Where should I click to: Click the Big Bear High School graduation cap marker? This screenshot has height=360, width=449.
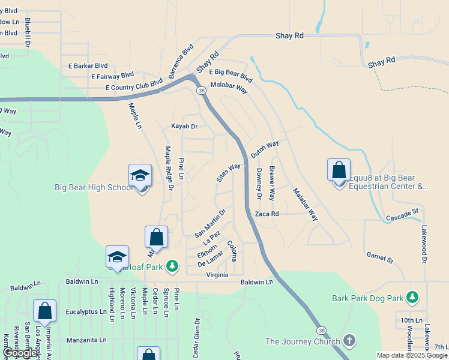[140, 175]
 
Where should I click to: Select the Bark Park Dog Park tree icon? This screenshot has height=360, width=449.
[412, 298]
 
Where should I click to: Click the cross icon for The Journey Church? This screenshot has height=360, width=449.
[349, 341]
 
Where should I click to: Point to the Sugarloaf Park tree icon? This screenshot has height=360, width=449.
[172, 266]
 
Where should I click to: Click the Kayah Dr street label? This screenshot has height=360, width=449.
[184, 127]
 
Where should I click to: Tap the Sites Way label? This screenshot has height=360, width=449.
[229, 172]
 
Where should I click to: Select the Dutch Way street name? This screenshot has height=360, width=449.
[265, 149]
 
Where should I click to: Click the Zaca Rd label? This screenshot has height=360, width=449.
[267, 214]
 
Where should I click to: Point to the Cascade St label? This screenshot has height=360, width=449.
[402, 214]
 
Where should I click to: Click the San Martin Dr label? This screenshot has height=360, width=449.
[210, 223]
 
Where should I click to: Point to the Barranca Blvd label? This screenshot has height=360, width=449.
[181, 61]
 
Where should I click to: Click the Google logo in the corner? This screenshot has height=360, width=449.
[20, 353]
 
